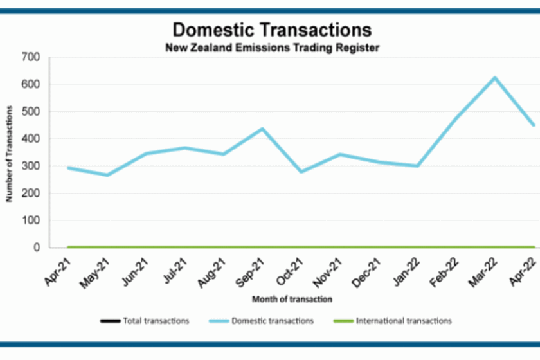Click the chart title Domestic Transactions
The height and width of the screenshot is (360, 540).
click(272, 30)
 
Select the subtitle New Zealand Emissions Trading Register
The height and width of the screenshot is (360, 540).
click(272, 47)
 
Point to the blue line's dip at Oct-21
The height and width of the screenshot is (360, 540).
click(301, 172)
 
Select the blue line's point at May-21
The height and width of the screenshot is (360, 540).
click(107, 175)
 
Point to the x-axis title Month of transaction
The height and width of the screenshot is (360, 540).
click(292, 299)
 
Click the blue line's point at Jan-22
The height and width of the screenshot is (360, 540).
click(417, 166)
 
